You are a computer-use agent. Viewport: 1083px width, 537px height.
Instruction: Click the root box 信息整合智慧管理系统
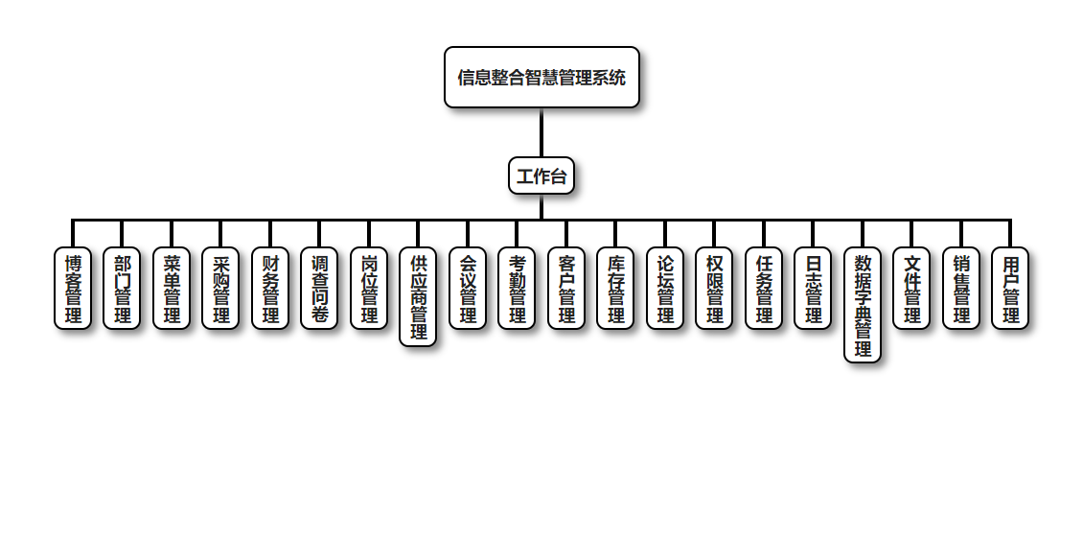[541, 78]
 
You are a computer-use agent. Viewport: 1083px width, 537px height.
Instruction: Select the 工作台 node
[541, 176]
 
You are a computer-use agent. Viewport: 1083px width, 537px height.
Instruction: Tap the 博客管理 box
[73, 289]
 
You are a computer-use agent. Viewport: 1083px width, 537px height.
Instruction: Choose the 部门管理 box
[123, 289]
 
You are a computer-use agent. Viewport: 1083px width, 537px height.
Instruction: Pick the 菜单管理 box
[172, 289]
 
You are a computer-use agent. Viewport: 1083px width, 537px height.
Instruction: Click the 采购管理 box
[221, 289]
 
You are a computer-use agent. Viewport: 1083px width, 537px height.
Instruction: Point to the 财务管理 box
[270, 289]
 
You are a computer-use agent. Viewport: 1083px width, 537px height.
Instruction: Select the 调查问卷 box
[320, 289]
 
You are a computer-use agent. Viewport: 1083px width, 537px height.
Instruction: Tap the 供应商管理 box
[419, 297]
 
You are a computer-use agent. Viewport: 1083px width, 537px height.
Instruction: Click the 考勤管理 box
[518, 289]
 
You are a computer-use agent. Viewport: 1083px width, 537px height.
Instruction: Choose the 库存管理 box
[616, 289]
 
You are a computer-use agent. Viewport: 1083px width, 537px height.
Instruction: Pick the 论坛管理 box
[665, 289]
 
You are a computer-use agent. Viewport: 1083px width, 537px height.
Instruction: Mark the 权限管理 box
[715, 289]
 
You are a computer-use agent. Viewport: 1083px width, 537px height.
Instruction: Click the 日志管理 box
[814, 289]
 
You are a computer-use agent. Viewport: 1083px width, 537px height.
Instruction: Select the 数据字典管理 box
[863, 305]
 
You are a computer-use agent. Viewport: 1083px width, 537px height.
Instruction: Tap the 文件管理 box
[912, 289]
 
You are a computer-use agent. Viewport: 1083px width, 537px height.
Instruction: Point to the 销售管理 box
[961, 289]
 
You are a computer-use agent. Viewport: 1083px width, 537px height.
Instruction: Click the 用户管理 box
[1011, 289]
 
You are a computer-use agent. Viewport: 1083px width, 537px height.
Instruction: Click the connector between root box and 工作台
[541, 132]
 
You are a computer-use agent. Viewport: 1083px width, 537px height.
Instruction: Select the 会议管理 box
[468, 289]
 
